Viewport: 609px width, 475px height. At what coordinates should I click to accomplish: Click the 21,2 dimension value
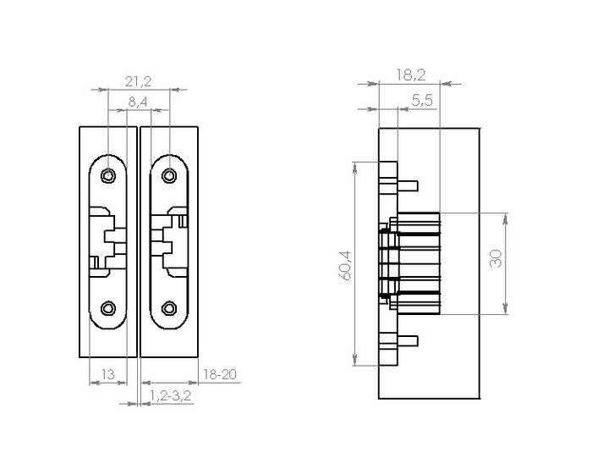(138, 81)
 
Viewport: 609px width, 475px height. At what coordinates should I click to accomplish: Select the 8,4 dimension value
(138, 102)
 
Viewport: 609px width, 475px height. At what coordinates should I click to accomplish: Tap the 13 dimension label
(108, 374)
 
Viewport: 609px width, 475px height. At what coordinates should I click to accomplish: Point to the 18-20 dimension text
(220, 374)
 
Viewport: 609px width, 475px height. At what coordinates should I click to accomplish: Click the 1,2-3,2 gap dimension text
(171, 395)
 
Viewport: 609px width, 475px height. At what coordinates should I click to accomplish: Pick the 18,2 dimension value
(411, 75)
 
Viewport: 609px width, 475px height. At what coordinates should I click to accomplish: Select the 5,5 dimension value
(422, 101)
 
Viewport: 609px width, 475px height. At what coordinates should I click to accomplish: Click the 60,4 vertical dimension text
(345, 266)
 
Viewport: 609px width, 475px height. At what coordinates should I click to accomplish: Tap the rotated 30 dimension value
(496, 259)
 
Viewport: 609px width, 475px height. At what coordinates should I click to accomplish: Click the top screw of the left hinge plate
(108, 176)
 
